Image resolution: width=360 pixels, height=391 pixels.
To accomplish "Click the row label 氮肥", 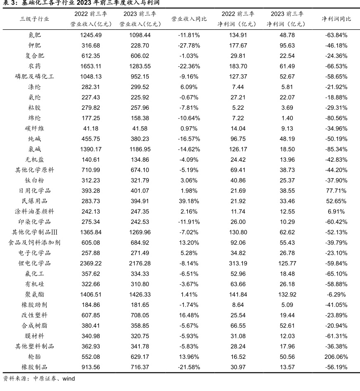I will point(35,35).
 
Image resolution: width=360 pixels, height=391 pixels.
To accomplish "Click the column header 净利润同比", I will point(336,19).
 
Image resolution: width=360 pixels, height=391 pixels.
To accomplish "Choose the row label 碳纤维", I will point(35,128).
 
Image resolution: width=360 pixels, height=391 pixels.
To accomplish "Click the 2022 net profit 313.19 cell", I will point(237,263).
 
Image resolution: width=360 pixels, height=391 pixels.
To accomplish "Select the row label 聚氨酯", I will point(35,294).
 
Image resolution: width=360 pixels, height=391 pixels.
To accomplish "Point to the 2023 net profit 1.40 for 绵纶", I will point(287,118).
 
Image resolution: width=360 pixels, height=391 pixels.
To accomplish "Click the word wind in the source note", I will point(68,378).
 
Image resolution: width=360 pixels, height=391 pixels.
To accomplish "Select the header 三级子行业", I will point(35,19).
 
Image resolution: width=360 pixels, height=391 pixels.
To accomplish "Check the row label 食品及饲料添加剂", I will point(35,243).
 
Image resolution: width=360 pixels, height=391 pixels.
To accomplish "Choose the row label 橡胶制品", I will point(35,367).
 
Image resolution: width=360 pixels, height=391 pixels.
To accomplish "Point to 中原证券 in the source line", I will point(43,378).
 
